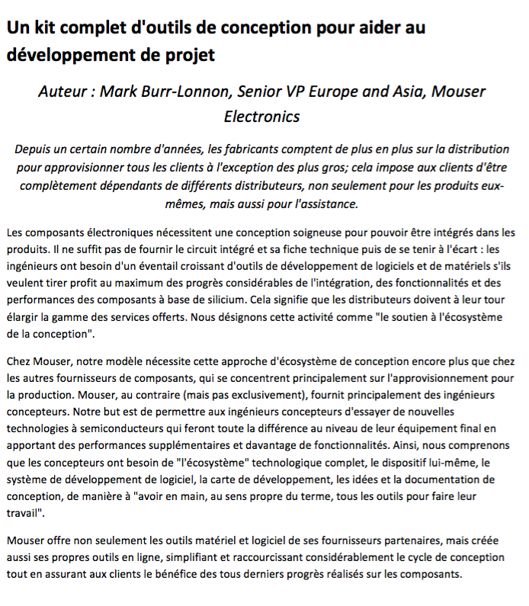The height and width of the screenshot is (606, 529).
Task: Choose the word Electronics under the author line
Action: [261, 117]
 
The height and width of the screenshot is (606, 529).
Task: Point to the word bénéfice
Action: [226, 575]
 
